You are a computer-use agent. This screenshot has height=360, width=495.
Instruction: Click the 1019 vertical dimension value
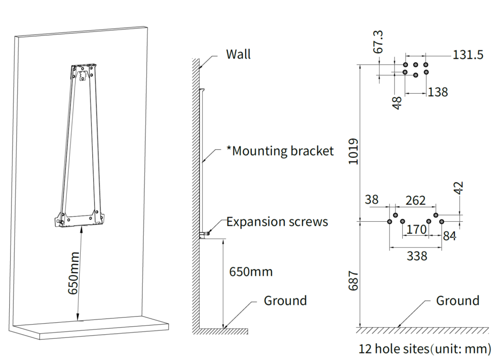(353, 151)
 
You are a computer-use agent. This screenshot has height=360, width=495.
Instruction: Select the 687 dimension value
(353, 280)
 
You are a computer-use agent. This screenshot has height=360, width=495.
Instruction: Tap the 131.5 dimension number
(468, 55)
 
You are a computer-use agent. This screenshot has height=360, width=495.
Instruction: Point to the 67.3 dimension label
(379, 42)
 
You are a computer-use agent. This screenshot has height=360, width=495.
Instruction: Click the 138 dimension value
(437, 91)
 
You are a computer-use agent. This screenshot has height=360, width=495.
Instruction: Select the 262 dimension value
(416, 200)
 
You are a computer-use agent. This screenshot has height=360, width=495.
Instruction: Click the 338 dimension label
(417, 256)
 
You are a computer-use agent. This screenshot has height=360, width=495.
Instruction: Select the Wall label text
(238, 54)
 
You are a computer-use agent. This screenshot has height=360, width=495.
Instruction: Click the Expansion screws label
(277, 222)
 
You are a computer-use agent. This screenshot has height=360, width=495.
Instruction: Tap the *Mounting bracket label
(280, 151)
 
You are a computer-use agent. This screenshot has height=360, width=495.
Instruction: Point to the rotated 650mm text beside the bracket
(73, 274)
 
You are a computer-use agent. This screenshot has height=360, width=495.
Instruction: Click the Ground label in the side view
(285, 301)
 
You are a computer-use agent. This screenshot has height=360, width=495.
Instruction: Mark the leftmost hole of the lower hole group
(390, 222)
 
